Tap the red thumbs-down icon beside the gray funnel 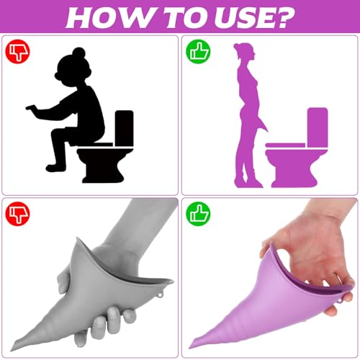[x=17, y=213]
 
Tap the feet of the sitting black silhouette [x=53, y=168]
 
